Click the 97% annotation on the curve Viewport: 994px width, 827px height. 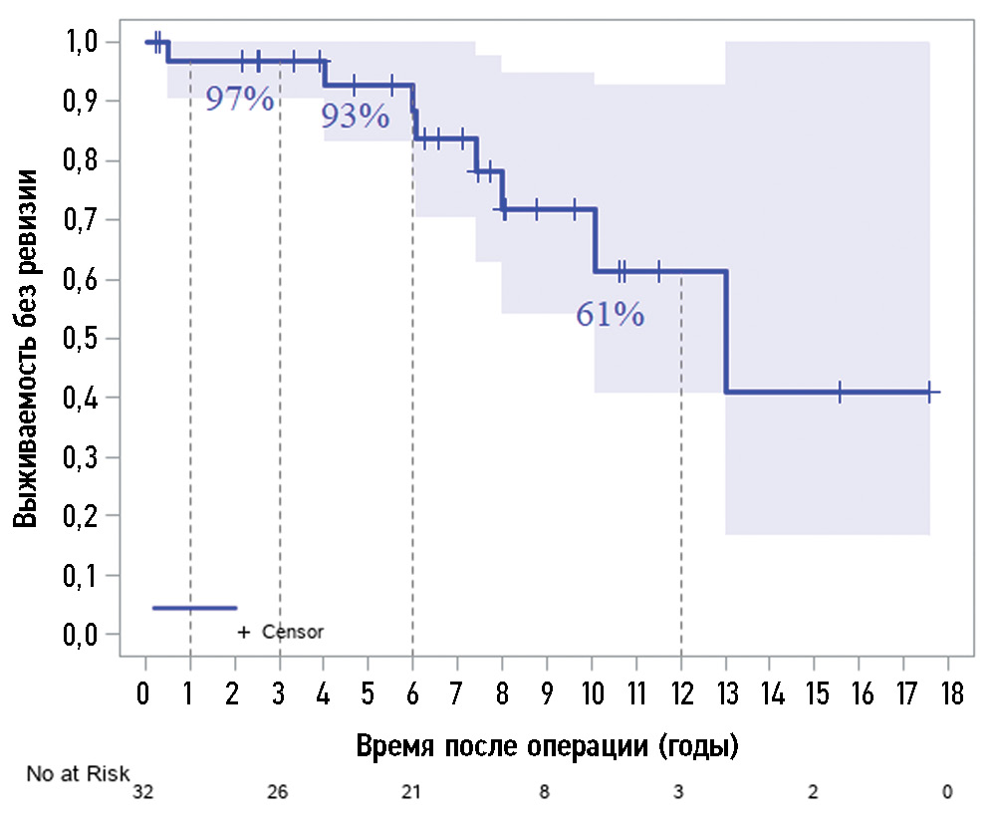(239, 100)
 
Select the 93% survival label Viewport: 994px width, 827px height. (355, 118)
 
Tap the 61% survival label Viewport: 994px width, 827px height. (610, 316)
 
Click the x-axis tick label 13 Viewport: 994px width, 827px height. (726, 692)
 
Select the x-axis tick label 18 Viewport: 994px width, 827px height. (948, 692)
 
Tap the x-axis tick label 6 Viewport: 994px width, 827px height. (413, 692)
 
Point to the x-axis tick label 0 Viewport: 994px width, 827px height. (146, 692)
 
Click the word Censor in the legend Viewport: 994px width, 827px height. (293, 632)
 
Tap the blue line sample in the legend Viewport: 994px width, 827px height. (194, 607)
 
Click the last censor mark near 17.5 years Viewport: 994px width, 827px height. (928, 392)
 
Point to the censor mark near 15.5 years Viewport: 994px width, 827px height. (840, 392)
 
